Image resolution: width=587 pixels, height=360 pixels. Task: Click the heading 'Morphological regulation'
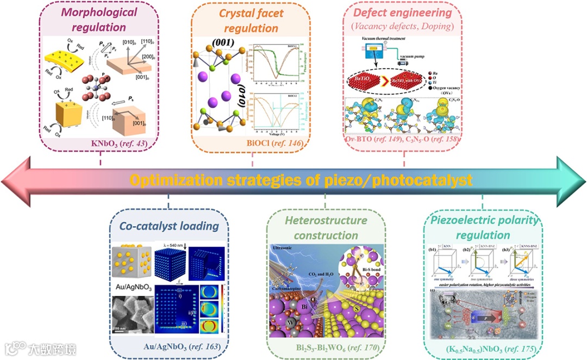pyautogui.click(x=99, y=19)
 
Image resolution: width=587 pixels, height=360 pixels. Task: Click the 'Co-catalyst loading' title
pyautogui.click(x=169, y=226)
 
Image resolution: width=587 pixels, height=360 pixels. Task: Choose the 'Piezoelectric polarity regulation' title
pyautogui.click(x=483, y=228)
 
